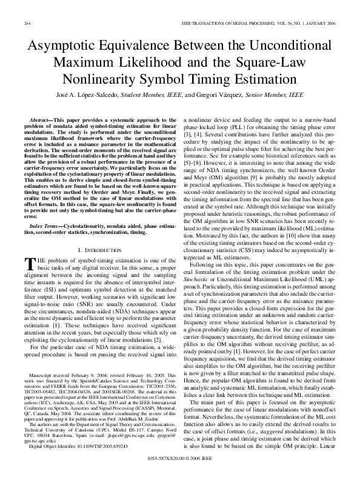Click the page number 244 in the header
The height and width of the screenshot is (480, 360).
[x=27, y=23]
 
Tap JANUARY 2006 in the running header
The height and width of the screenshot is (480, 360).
[x=321, y=23]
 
